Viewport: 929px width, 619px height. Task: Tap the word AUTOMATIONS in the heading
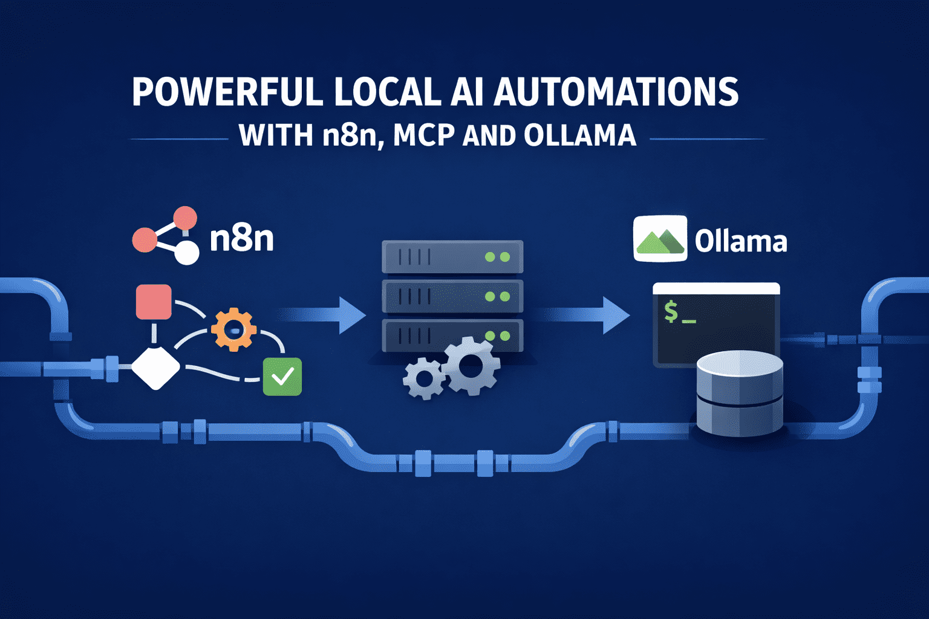[x=616, y=92]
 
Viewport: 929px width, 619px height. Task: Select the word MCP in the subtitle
[x=423, y=135]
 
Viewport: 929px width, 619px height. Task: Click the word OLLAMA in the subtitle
[x=579, y=135]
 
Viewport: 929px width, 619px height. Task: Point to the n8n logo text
[x=242, y=239]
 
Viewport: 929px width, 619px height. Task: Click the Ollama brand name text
[x=740, y=241]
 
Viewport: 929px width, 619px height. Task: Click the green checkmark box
[x=282, y=377]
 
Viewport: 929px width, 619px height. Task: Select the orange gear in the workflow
[x=233, y=329]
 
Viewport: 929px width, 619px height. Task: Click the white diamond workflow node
[x=155, y=367]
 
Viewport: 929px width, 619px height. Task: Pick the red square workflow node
[x=154, y=302]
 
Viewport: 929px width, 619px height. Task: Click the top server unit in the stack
[x=452, y=257]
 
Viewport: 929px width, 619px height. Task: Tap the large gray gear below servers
[x=471, y=366]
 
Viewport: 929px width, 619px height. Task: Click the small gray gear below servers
[x=423, y=378]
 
